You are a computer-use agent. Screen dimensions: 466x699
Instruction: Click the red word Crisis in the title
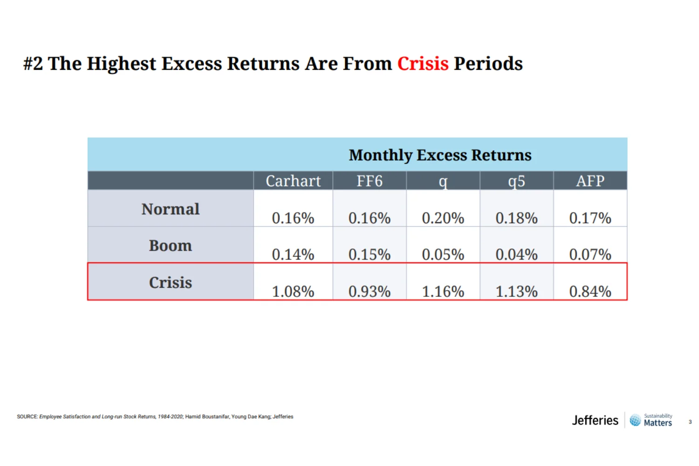point(422,63)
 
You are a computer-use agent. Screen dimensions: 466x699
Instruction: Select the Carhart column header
point(293,181)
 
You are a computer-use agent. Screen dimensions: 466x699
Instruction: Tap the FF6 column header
point(369,181)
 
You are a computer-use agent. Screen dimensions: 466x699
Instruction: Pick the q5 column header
point(516,181)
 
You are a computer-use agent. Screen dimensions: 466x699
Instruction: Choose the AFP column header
point(590,181)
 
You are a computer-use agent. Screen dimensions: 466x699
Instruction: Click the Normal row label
point(171,209)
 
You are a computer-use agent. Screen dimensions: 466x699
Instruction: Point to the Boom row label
point(171,246)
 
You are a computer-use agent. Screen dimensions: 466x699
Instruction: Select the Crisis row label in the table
point(171,282)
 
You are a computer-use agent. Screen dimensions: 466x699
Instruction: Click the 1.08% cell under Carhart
point(293,291)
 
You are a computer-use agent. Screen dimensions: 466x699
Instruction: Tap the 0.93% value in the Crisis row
point(369,291)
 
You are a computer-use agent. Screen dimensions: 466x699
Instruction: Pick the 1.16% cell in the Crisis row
point(443,291)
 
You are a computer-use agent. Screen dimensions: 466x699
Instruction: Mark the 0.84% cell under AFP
point(590,291)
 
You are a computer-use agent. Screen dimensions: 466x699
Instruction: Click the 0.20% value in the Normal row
point(443,218)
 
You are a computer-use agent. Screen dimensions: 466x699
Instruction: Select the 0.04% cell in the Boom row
point(516,254)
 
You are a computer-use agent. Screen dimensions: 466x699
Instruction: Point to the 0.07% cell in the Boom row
point(590,254)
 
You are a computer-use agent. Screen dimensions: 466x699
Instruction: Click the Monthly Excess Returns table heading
point(440,155)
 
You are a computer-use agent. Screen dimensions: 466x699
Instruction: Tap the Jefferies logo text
point(595,420)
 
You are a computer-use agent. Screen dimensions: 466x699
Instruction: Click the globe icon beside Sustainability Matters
point(635,420)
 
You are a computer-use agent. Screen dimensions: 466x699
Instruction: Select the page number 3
point(690,422)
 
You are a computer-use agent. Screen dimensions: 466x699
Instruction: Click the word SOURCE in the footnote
point(27,417)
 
